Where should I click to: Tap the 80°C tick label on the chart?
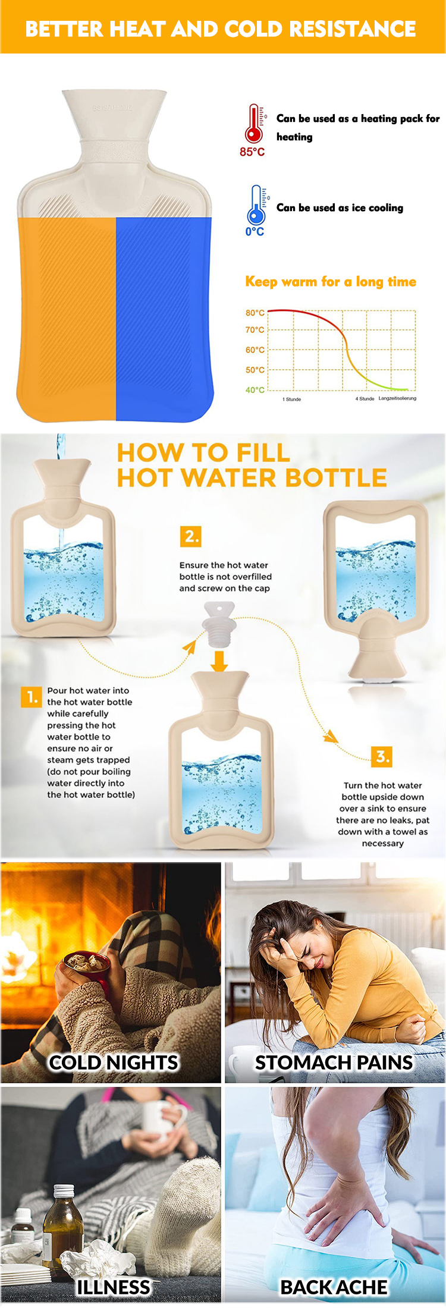[x=255, y=313]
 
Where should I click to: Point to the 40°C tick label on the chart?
[x=255, y=390]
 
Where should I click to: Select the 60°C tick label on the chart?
[x=255, y=350]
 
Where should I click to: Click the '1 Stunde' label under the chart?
[x=291, y=399]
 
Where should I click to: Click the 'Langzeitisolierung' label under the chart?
[x=397, y=398]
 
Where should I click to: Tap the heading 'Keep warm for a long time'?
[x=331, y=282]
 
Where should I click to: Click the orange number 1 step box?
[x=31, y=696]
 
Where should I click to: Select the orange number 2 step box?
[x=191, y=536]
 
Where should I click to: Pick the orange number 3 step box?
[x=382, y=756]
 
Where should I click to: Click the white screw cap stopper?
[x=219, y=625]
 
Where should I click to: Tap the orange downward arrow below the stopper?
[x=219, y=661]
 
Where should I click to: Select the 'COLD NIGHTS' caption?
[x=114, y=1062]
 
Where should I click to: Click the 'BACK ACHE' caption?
[x=334, y=1287]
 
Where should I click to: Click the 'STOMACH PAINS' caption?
[x=334, y=1062]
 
